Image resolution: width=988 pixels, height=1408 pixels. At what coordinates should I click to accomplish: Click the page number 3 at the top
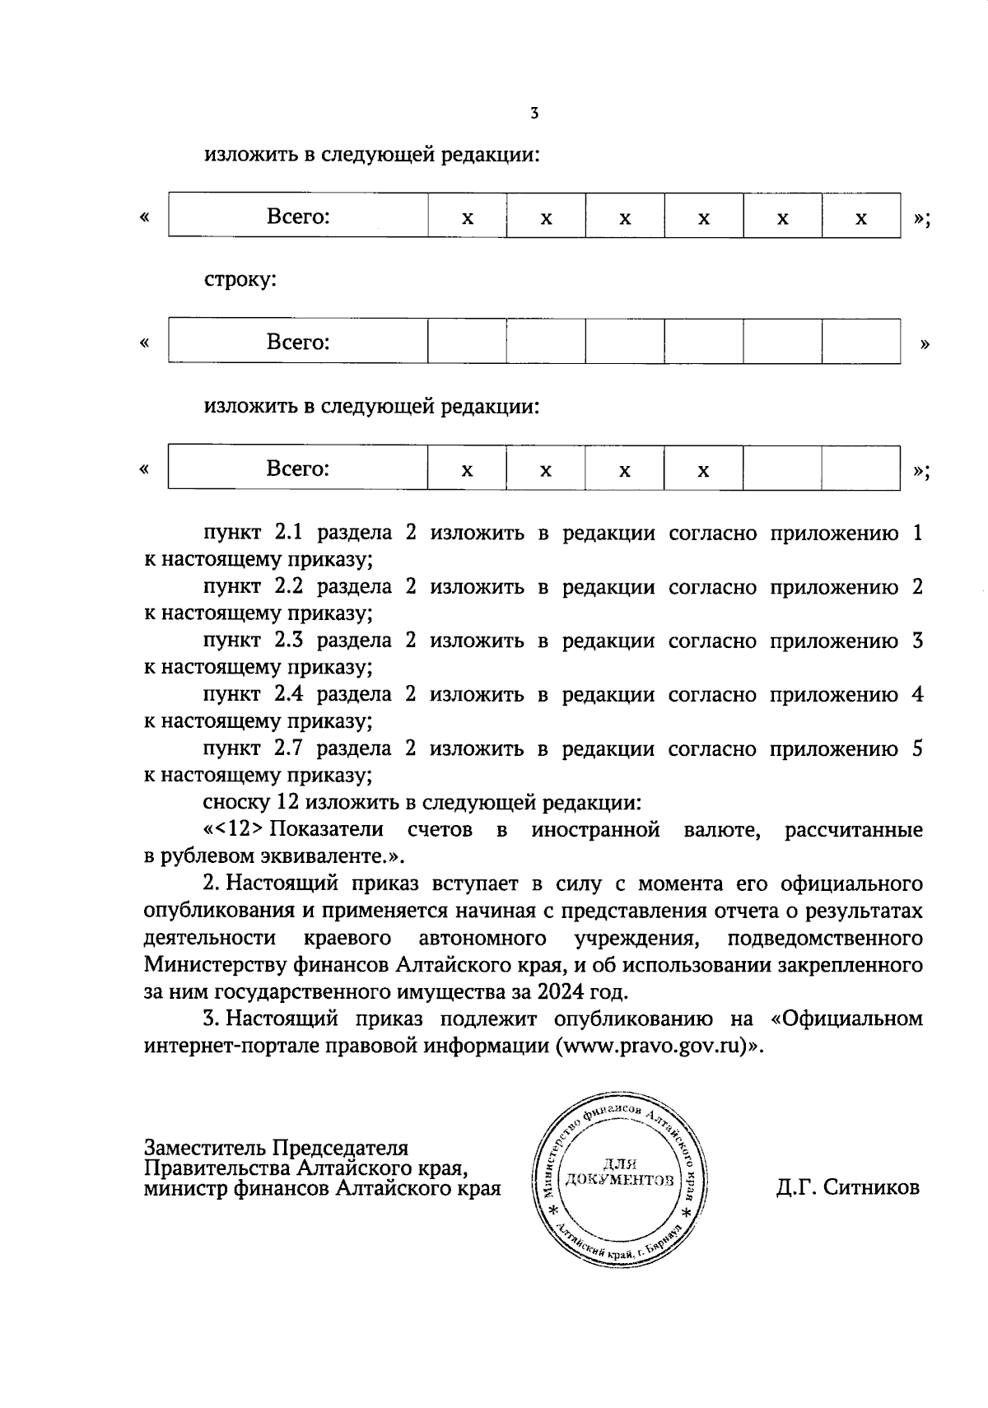click(x=534, y=114)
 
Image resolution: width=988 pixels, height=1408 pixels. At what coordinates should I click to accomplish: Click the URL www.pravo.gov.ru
click(x=654, y=1046)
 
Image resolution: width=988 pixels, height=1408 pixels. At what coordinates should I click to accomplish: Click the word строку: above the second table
click(x=240, y=280)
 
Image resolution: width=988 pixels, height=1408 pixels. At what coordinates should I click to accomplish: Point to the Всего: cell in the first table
click(x=298, y=217)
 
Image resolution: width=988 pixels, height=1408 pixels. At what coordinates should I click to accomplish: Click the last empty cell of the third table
click(x=860, y=468)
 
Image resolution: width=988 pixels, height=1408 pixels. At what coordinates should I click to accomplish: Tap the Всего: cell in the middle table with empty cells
click(x=298, y=341)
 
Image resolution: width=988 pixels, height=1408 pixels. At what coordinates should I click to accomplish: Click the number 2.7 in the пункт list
click(x=288, y=748)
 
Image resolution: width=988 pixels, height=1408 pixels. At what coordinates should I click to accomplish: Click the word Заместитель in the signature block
click(x=205, y=1147)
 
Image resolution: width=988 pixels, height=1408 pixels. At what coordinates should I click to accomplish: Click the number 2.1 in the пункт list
click(x=288, y=533)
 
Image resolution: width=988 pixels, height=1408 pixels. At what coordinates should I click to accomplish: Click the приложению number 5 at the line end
click(x=917, y=748)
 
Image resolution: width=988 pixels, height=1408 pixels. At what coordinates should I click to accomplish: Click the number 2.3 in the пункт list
click(x=288, y=641)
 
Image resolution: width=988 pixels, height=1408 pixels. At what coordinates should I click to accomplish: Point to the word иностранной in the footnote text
click(x=595, y=829)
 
